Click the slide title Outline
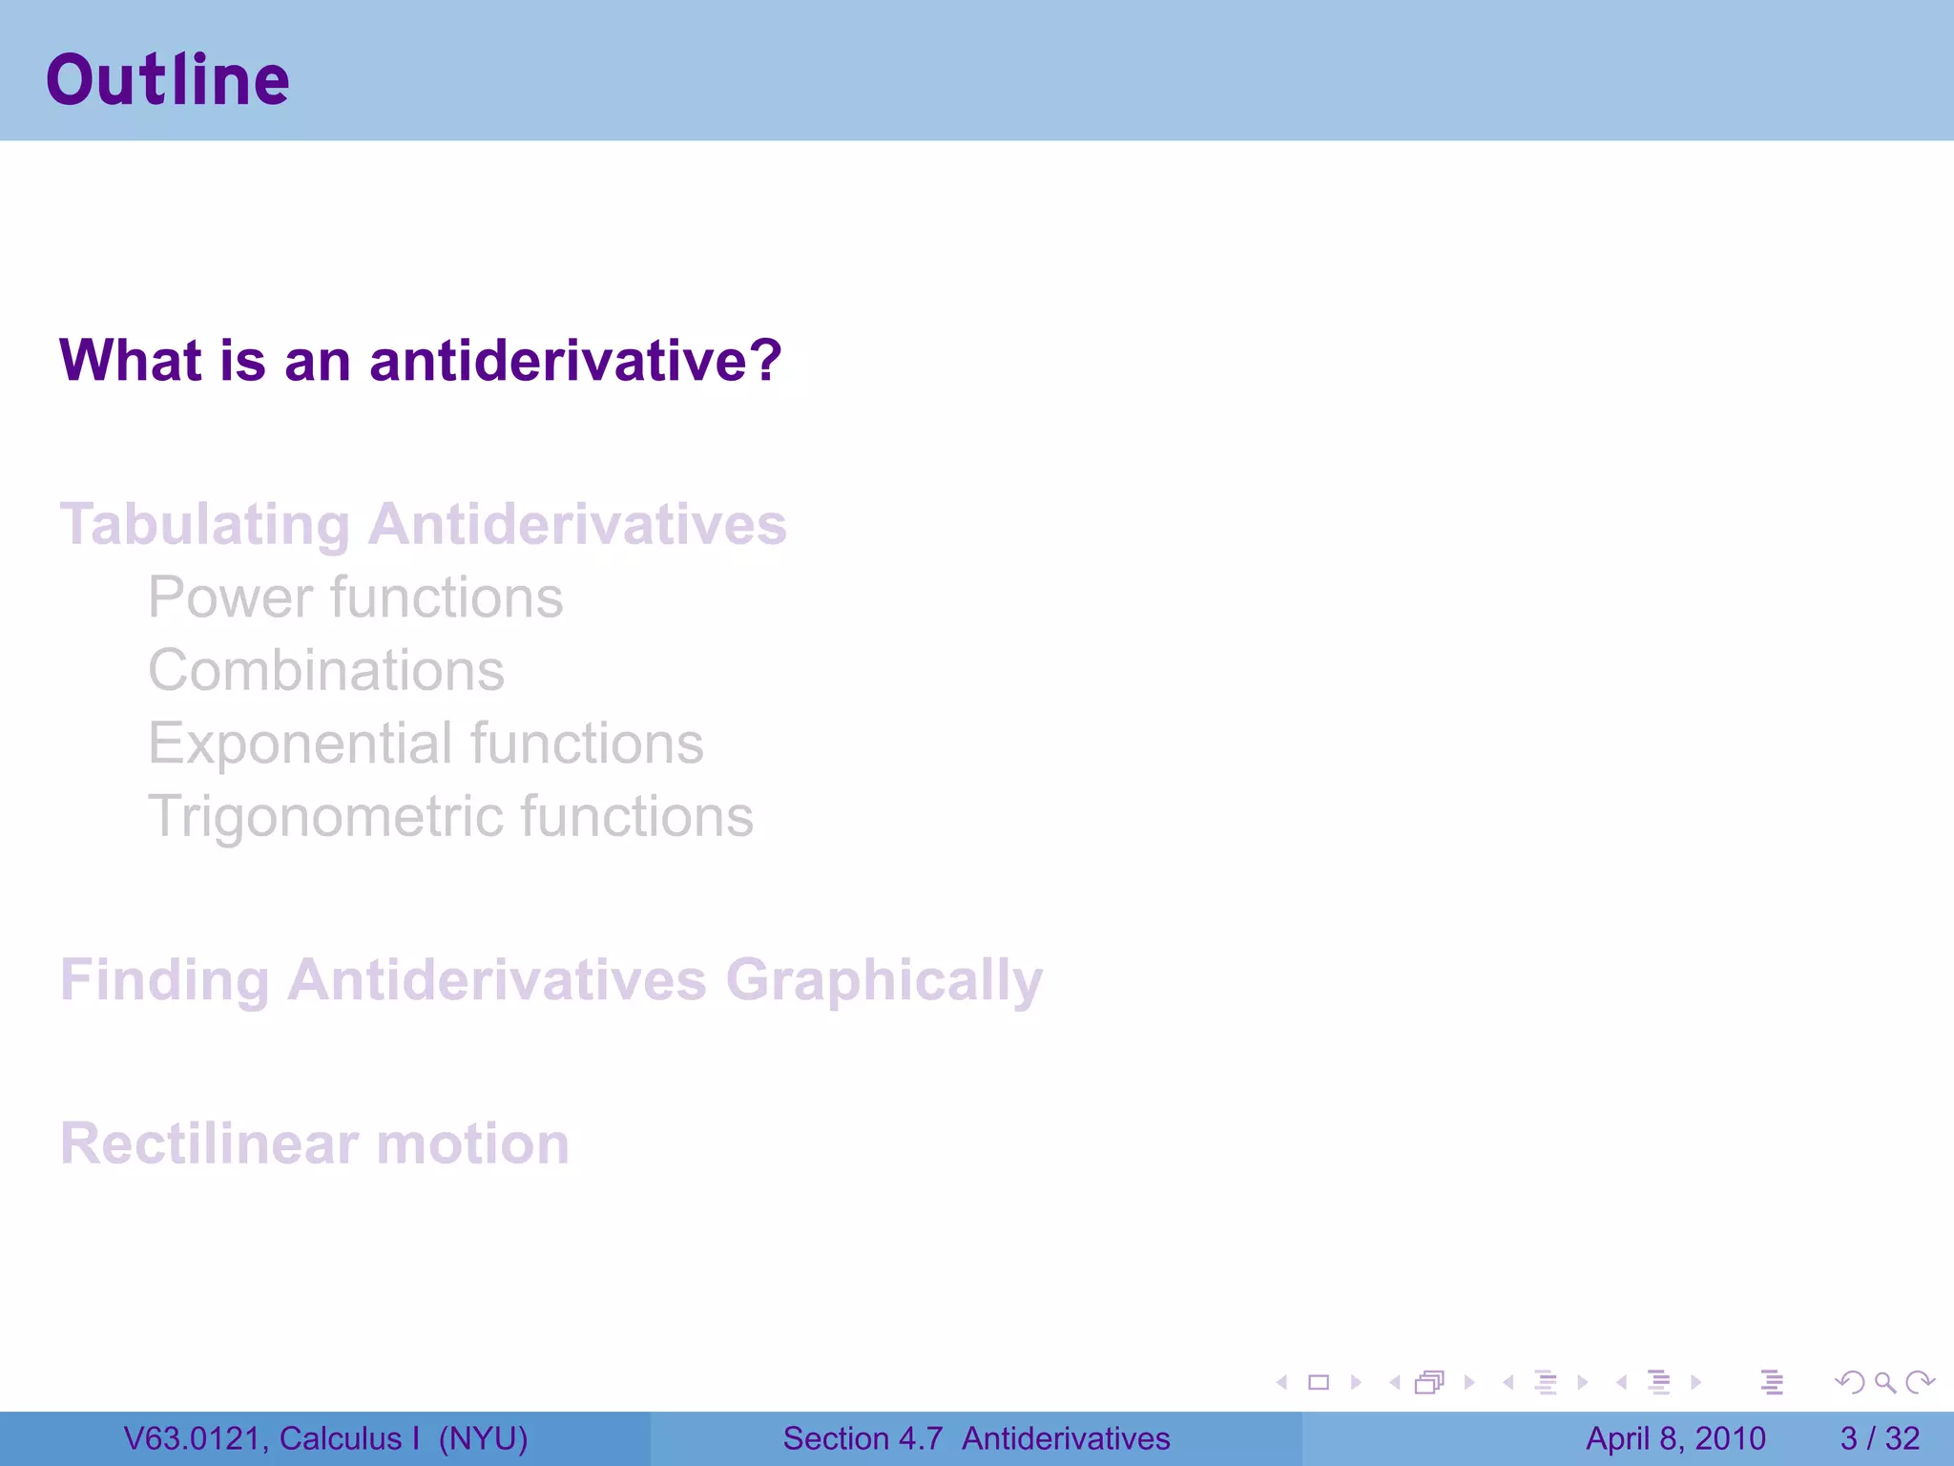[168, 80]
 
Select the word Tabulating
[205, 525]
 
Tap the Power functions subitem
[355, 597]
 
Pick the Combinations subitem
[325, 670]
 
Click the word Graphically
[883, 980]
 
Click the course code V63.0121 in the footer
[196, 1438]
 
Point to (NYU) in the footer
[483, 1438]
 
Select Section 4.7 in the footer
[863, 1438]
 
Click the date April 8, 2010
[1675, 1438]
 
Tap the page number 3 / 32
[1880, 1438]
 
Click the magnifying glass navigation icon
[1884, 1382]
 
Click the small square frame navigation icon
[1319, 1382]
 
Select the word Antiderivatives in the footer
[1066, 1438]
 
